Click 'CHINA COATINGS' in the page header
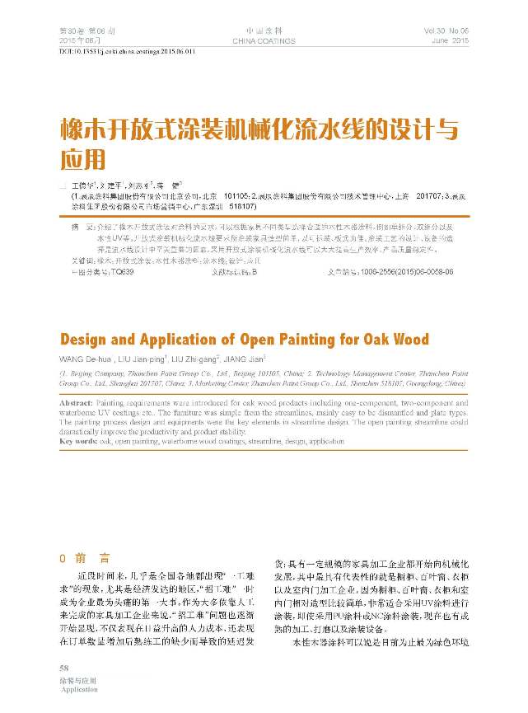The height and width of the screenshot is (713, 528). [x=264, y=40]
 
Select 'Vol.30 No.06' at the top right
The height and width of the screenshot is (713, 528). [x=446, y=30]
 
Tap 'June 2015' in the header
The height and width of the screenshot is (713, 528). [x=450, y=40]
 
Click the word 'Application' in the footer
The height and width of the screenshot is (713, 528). [x=79, y=689]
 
